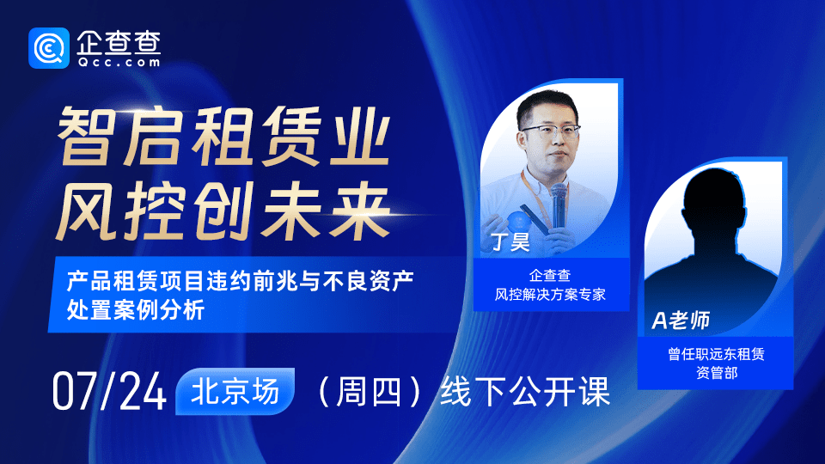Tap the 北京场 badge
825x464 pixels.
point(235,392)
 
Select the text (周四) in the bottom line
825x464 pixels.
point(367,393)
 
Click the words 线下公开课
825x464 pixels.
point(524,393)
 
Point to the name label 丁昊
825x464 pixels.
point(510,242)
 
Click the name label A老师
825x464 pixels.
point(681,321)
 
